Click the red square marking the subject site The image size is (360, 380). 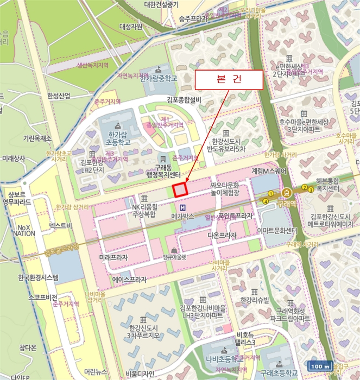[180, 189]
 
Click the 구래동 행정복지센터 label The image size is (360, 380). [159, 170]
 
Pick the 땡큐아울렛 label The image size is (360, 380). [174, 257]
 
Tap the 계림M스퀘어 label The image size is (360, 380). [268, 170]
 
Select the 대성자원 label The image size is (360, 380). [131, 26]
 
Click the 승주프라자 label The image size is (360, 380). [194, 18]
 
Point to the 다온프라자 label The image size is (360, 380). [222, 236]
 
